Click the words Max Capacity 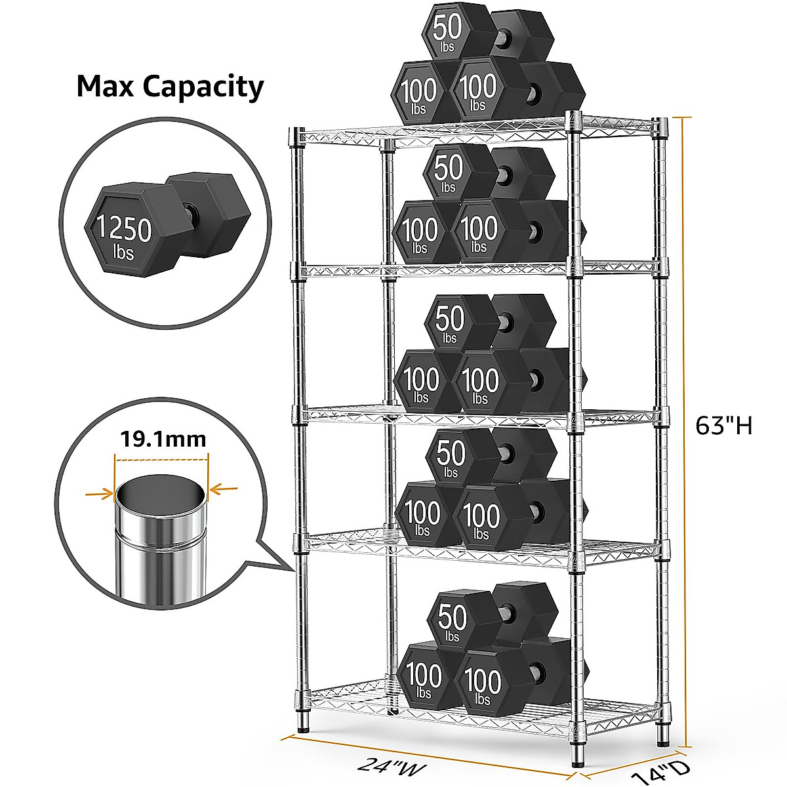point(170,87)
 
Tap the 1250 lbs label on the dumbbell point(125,235)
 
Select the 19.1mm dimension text point(163,438)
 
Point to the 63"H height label point(723,426)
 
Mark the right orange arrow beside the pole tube point(224,488)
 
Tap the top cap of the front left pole point(296,136)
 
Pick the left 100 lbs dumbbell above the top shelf point(420,92)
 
